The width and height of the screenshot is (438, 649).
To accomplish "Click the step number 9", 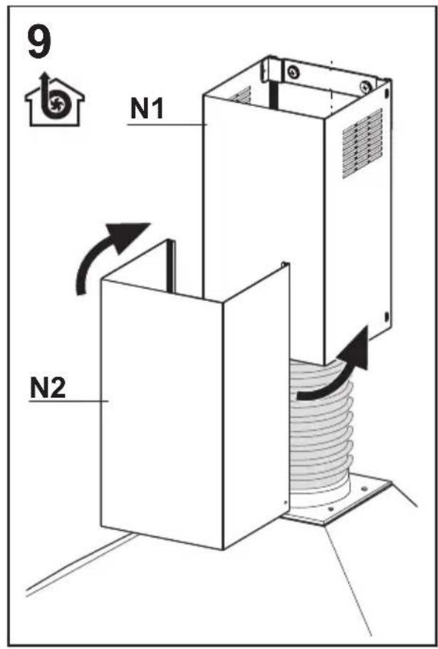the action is [39, 41].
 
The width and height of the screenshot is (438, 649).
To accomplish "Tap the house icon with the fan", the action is [54, 100].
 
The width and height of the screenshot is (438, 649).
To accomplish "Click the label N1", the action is [147, 108].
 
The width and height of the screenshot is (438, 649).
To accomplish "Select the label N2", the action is [48, 389].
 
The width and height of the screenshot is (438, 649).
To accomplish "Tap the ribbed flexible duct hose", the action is [321, 431].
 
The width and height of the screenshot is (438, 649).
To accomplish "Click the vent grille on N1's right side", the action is [363, 144].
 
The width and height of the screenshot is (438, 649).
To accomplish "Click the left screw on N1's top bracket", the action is [293, 72].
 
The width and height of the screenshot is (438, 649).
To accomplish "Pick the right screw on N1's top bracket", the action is [365, 87].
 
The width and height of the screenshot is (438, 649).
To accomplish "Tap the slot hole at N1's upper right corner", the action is [387, 93].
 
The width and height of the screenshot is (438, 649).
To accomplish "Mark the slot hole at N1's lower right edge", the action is [387, 317].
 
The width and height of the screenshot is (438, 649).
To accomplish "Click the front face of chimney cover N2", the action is [162, 414].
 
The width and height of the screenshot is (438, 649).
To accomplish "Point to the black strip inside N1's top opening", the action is [273, 95].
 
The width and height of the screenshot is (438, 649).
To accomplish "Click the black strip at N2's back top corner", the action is [171, 265].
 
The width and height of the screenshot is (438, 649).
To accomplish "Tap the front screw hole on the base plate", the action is [330, 509].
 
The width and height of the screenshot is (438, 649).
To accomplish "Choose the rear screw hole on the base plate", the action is [364, 489].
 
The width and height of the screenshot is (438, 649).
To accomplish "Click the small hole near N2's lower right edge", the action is [286, 502].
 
